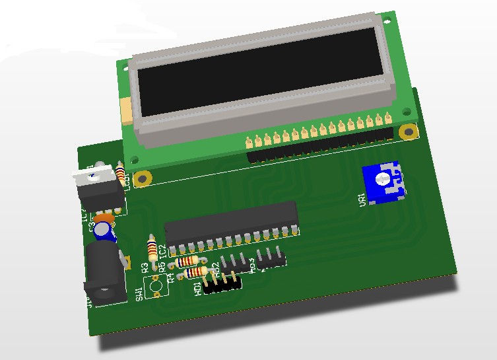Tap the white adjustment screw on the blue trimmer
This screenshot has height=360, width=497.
point(381,179)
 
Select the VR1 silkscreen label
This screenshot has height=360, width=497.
point(362,199)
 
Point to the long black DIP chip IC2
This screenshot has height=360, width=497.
point(231,221)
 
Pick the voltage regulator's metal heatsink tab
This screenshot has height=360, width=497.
point(94,174)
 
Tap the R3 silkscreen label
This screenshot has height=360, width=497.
point(145,267)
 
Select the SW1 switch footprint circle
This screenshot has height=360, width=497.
point(156,286)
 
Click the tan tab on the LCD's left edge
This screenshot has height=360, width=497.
point(125,110)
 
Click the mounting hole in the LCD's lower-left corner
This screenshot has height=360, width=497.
point(134,159)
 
